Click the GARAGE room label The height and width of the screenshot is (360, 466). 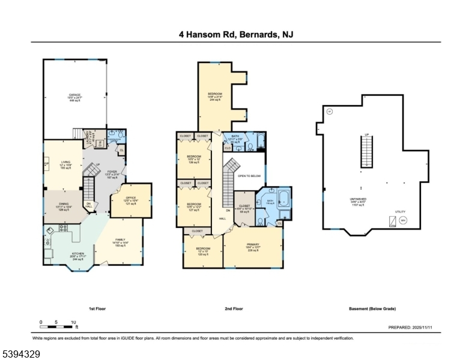(x=75, y=95)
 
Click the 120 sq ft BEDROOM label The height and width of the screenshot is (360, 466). (x=202, y=248)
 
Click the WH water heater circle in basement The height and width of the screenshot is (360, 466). (x=403, y=220)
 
